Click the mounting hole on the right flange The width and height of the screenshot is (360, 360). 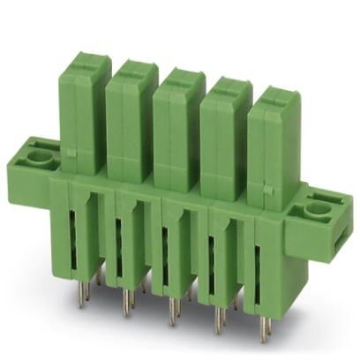click(315, 210)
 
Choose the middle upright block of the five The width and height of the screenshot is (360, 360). click(179, 128)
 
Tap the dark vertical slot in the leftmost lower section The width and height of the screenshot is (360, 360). click(71, 233)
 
